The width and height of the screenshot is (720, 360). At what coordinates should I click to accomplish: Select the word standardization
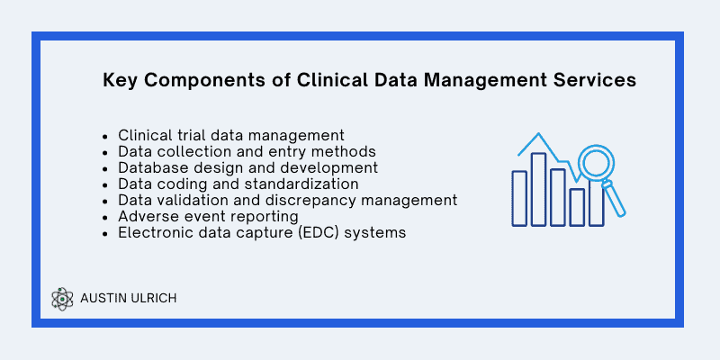pos(301,184)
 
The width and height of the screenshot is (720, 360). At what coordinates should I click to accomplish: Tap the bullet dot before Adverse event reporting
pos(105,217)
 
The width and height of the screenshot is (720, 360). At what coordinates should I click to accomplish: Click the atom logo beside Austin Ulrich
pos(62,299)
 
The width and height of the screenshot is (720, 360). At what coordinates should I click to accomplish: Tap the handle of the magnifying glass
pos(615,198)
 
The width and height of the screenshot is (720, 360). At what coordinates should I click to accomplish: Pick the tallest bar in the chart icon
pos(538,189)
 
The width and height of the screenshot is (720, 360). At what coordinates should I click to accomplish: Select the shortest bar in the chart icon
pos(577,207)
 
